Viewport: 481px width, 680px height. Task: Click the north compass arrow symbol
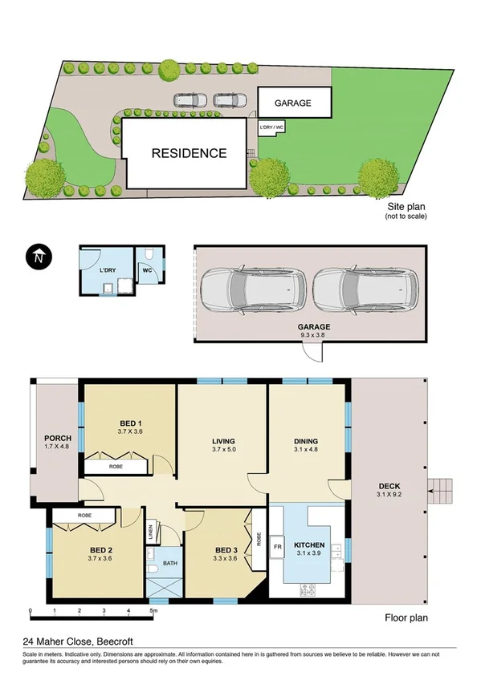(38, 257)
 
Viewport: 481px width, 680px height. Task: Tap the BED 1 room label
(130, 423)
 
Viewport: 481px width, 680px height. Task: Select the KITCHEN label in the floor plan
(309, 544)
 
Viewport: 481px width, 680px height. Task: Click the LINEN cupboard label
(150, 532)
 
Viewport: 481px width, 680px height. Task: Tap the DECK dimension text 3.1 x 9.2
(388, 496)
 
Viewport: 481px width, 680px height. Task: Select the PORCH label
(56, 437)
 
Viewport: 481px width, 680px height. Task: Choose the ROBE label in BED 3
(259, 539)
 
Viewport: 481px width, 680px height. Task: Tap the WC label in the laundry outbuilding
(147, 270)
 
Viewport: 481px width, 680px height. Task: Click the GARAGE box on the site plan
(292, 103)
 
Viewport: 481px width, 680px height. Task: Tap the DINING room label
(305, 441)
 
